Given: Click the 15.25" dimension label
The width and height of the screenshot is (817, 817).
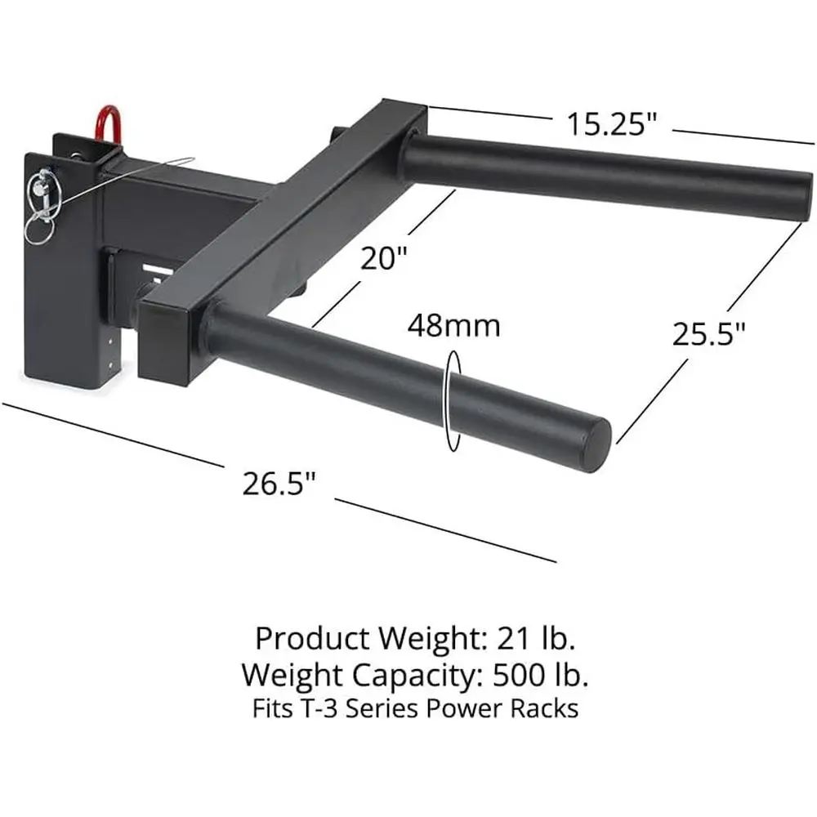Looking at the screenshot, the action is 612,124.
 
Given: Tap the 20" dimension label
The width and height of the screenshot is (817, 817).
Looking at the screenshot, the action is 383,258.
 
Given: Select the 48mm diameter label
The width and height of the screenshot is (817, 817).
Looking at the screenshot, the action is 453,327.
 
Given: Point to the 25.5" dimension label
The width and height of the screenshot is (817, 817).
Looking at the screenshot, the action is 708,333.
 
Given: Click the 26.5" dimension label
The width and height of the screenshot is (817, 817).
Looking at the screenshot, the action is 279,483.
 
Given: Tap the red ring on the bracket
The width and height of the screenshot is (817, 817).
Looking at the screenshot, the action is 107,123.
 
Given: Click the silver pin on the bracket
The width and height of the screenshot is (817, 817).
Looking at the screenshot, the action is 42,192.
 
